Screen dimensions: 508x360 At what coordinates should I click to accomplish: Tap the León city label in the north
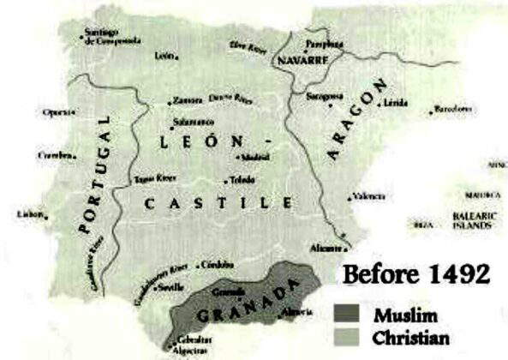pyautogui.click(x=164, y=57)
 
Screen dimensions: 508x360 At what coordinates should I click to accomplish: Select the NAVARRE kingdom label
pyautogui.click(x=303, y=63)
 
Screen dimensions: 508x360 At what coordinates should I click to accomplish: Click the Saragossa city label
pyautogui.click(x=326, y=97)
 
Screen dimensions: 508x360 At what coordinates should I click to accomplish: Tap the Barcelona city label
pyautogui.click(x=453, y=109)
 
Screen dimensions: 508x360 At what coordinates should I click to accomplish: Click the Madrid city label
pyautogui.click(x=255, y=158)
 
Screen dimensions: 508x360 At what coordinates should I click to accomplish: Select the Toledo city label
pyautogui.click(x=241, y=180)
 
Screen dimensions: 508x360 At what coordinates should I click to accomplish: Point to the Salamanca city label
pyautogui.click(x=191, y=122)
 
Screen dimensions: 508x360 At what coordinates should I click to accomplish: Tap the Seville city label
pyautogui.click(x=168, y=288)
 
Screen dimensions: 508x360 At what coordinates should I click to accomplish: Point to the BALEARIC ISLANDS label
pyautogui.click(x=472, y=223)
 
